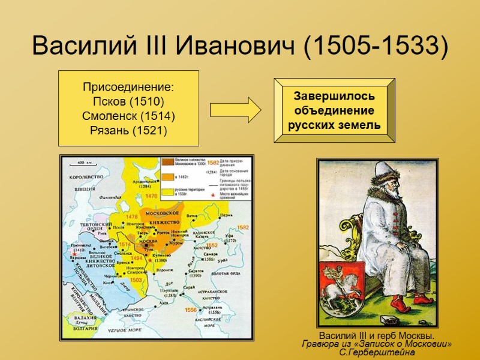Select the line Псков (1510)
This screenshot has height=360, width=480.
[x=128, y=101]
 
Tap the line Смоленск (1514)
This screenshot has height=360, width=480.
[x=128, y=116]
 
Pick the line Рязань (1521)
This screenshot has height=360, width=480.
[x=128, y=130]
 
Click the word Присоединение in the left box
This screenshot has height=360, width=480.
[x=128, y=88]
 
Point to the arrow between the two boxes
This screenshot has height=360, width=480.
[x=235, y=110]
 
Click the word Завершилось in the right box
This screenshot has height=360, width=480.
[x=334, y=96]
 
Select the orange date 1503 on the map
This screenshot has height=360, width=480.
[x=136, y=280]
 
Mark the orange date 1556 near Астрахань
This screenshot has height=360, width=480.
[x=191, y=310]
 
